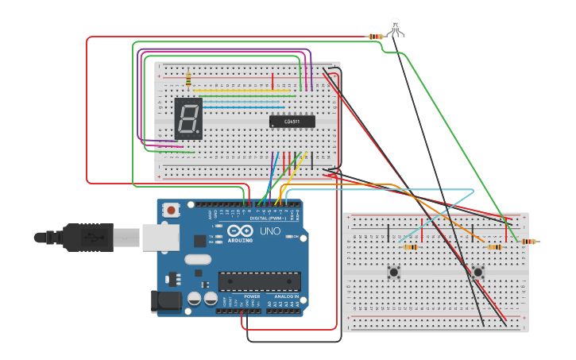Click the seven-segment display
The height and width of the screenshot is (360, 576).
coord(188,119)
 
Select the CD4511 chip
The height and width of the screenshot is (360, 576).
coord(292,122)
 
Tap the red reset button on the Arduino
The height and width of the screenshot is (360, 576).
coord(170,210)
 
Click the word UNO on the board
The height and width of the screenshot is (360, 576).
coord(270,231)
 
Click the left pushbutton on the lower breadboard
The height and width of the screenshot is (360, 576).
coord(393,272)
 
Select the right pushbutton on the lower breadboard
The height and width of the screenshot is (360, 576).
coord(477,272)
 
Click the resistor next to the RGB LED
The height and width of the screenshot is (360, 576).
coord(376,37)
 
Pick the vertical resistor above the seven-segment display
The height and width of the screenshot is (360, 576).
coord(188,79)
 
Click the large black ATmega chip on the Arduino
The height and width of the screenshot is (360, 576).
coord(260,281)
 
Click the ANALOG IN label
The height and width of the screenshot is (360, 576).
coord(286,296)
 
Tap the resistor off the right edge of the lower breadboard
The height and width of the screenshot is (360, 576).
coord(528,242)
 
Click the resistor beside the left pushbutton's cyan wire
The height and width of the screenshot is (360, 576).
coord(411,247)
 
